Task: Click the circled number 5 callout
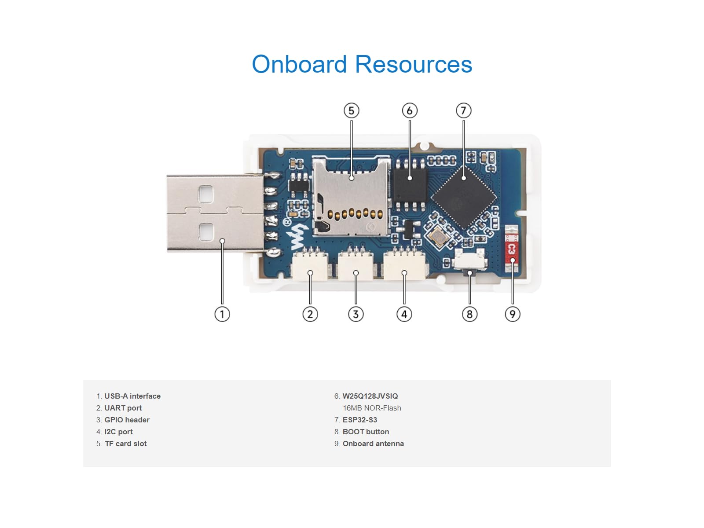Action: pos(351,110)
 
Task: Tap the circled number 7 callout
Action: pos(463,110)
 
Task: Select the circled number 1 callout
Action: pos(222,314)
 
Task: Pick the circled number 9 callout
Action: pos(512,314)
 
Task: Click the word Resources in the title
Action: pos(413,64)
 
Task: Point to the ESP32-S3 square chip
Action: pos(464,197)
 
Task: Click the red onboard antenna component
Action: pos(511,249)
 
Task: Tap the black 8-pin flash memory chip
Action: pos(410,185)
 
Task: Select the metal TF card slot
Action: pos(351,196)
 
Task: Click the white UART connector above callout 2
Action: pos(310,266)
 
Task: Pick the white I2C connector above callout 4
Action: pos(404,266)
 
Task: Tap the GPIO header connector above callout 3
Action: pos(356,266)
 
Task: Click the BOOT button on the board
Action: pos(470,263)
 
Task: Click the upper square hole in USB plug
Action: pos(206,194)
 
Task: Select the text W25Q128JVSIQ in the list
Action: pos(370,396)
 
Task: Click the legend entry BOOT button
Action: pos(366,432)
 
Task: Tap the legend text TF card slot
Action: pos(125,444)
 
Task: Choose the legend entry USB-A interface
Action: pos(132,396)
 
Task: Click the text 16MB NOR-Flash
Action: pos(372,408)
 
